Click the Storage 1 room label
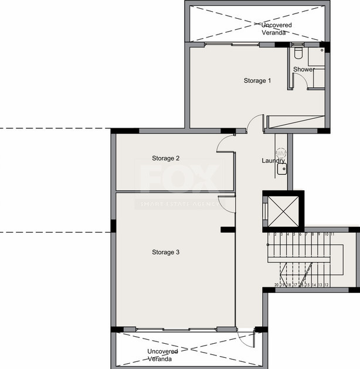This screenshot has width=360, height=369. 257,81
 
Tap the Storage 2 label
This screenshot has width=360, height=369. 165,158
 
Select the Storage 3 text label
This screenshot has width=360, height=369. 165,252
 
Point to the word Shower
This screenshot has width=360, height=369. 304,69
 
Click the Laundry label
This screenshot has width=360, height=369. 273,160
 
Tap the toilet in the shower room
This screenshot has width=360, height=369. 298,54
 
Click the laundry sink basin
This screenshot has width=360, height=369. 282,168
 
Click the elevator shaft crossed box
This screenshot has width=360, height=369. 283,210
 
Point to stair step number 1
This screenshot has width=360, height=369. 270,234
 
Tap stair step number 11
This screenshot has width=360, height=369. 332,234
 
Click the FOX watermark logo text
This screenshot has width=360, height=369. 180,179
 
